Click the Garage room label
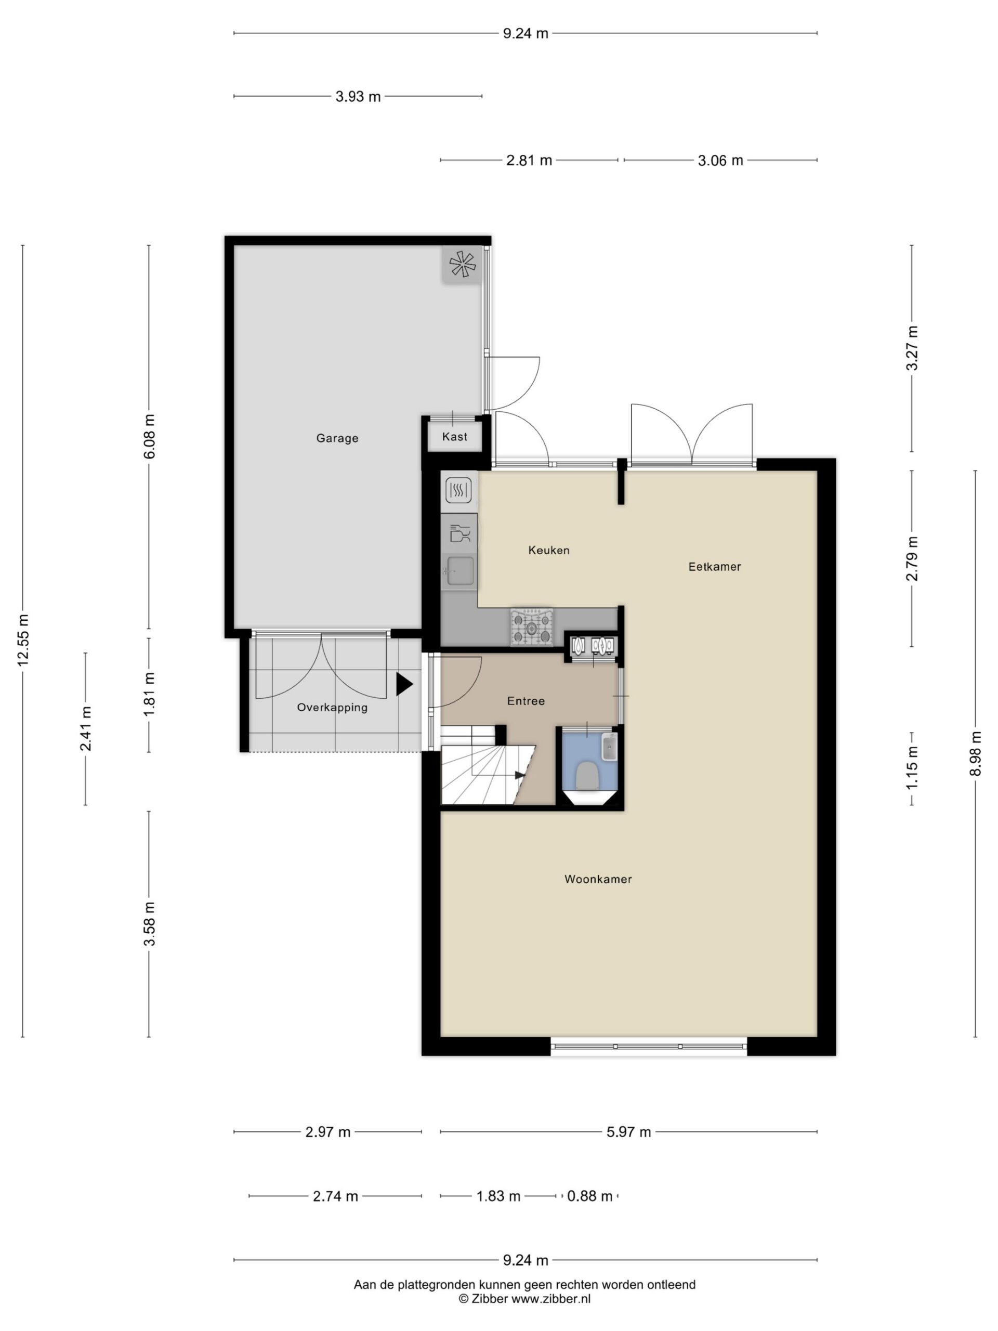click(337, 438)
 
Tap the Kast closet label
click(454, 436)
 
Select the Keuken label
click(548, 550)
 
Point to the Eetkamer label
click(714, 566)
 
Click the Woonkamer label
click(598, 879)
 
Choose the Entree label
click(526, 701)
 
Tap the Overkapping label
click(332, 708)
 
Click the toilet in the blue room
click(588, 777)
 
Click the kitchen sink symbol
click(459, 570)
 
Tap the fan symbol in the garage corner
click(462, 264)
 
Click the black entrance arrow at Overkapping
click(404, 684)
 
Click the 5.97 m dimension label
click(628, 1132)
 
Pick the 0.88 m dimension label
click(589, 1196)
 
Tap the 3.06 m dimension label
click(720, 160)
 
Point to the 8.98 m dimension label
click(975, 753)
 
